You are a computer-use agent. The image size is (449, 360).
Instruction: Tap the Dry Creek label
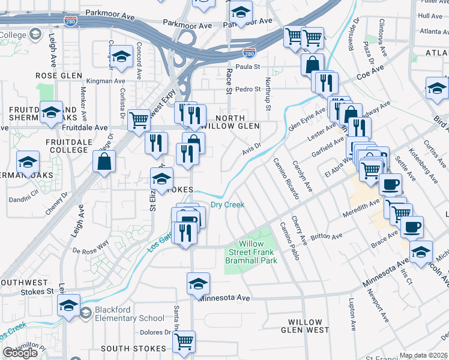coord(228,205)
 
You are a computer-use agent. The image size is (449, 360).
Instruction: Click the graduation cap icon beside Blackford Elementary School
coord(69,306)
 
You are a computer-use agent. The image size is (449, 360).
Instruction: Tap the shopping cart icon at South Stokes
coord(184,341)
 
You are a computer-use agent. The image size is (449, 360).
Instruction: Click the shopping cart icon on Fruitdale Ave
coord(139,119)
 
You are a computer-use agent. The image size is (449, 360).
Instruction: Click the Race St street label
coord(229,82)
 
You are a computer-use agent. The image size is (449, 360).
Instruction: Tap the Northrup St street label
coord(268,91)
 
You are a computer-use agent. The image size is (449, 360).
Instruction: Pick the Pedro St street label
coord(247,89)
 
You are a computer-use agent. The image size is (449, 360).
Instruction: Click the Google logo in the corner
coord(20,353)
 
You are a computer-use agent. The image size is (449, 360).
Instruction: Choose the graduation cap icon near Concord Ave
coord(122,58)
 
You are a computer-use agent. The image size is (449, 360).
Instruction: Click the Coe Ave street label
coord(370,77)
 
